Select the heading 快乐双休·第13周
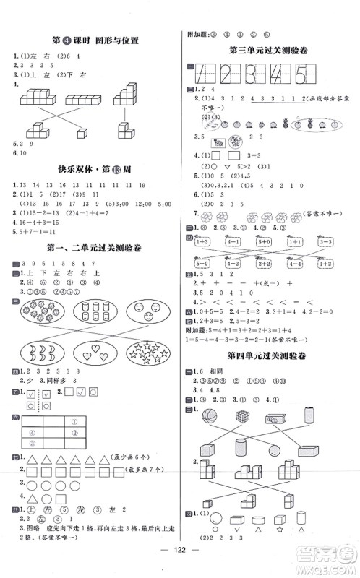[x=90, y=171]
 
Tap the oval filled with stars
[x=148, y=352]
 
